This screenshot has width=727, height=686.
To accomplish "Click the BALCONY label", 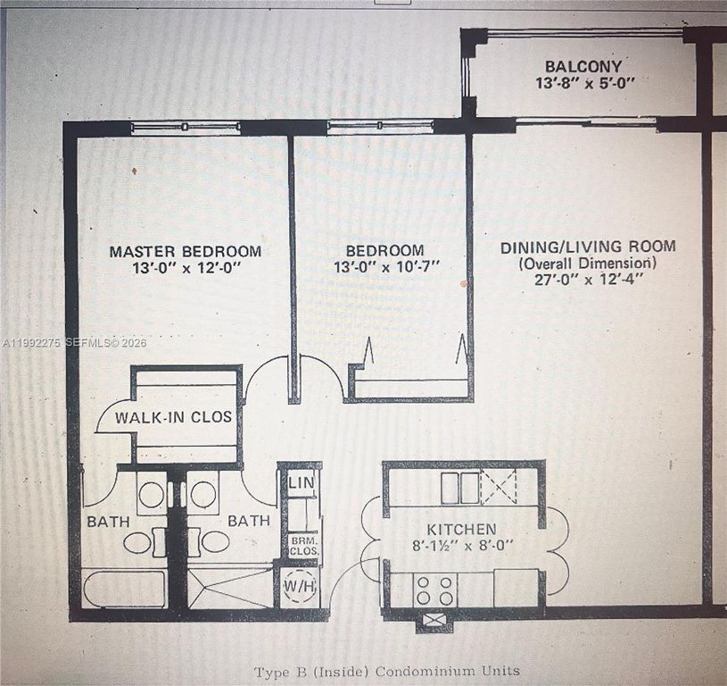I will click(583, 66).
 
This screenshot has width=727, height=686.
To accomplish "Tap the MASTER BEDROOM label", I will click(186, 251).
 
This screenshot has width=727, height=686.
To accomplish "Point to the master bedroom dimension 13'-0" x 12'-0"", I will click(186, 267).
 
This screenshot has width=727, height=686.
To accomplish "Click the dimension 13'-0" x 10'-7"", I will click(386, 267).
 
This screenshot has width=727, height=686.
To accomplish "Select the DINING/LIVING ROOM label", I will click(587, 247).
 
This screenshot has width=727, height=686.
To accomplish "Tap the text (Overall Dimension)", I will click(587, 263).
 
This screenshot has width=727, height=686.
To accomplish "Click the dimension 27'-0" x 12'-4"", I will click(587, 279).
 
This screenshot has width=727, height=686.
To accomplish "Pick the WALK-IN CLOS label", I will click(173, 417).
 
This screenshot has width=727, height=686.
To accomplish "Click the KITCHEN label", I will click(460, 529).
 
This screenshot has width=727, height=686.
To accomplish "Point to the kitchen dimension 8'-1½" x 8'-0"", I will click(460, 545).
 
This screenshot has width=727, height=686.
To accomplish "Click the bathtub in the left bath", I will click(124, 589).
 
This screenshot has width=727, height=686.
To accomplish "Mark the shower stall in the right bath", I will click(230, 586).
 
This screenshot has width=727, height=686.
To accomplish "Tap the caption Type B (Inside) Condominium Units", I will click(386, 670).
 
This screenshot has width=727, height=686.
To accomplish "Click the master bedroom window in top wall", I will click(185, 128).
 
